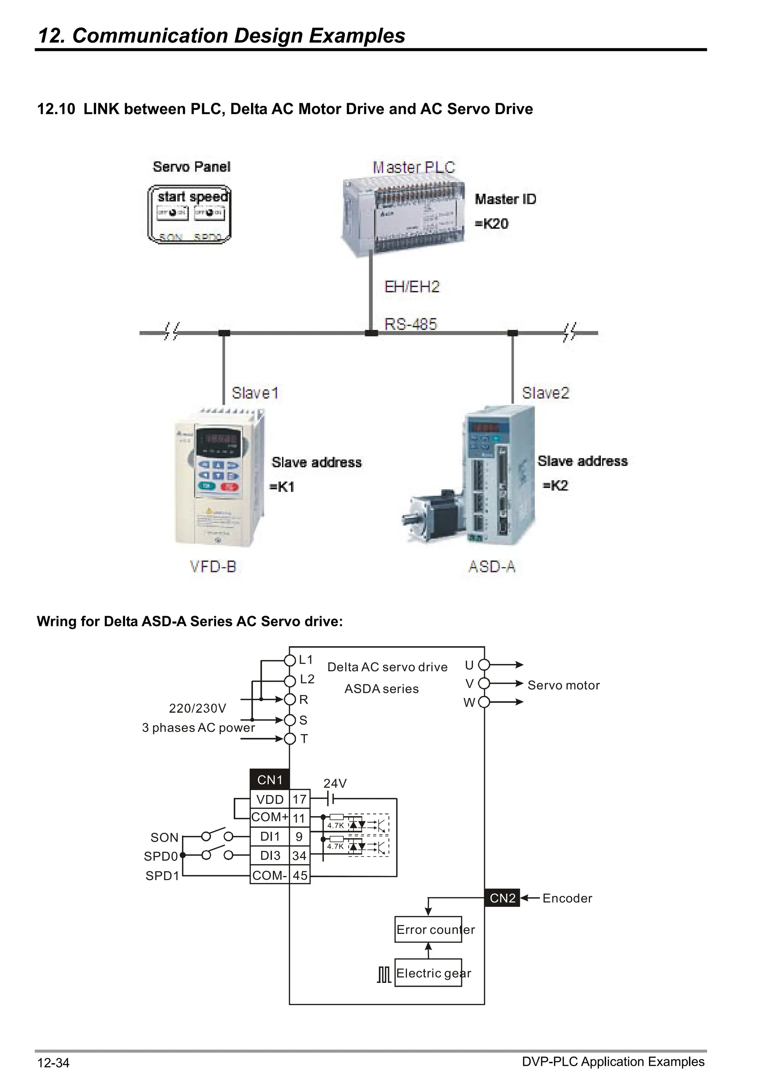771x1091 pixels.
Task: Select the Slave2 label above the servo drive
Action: [545, 393]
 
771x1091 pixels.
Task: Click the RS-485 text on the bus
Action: [410, 324]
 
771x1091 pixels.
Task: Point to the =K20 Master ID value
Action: [492, 223]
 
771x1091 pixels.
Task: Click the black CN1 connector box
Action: [269, 780]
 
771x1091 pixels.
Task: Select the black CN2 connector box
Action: [502, 898]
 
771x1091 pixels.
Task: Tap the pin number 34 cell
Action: [299, 856]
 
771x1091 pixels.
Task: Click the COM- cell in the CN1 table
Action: [269, 875]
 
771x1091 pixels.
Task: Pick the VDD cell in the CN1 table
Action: [269, 799]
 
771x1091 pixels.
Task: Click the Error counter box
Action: [428, 929]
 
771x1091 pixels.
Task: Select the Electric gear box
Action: [428, 973]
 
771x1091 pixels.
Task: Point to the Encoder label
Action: [567, 898]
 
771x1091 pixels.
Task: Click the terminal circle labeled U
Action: [484, 665]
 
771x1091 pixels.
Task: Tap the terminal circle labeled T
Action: [290, 739]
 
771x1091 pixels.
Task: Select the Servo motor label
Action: [564, 685]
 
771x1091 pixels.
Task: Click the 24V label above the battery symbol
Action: [335, 783]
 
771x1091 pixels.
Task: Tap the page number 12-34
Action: [53, 1062]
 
